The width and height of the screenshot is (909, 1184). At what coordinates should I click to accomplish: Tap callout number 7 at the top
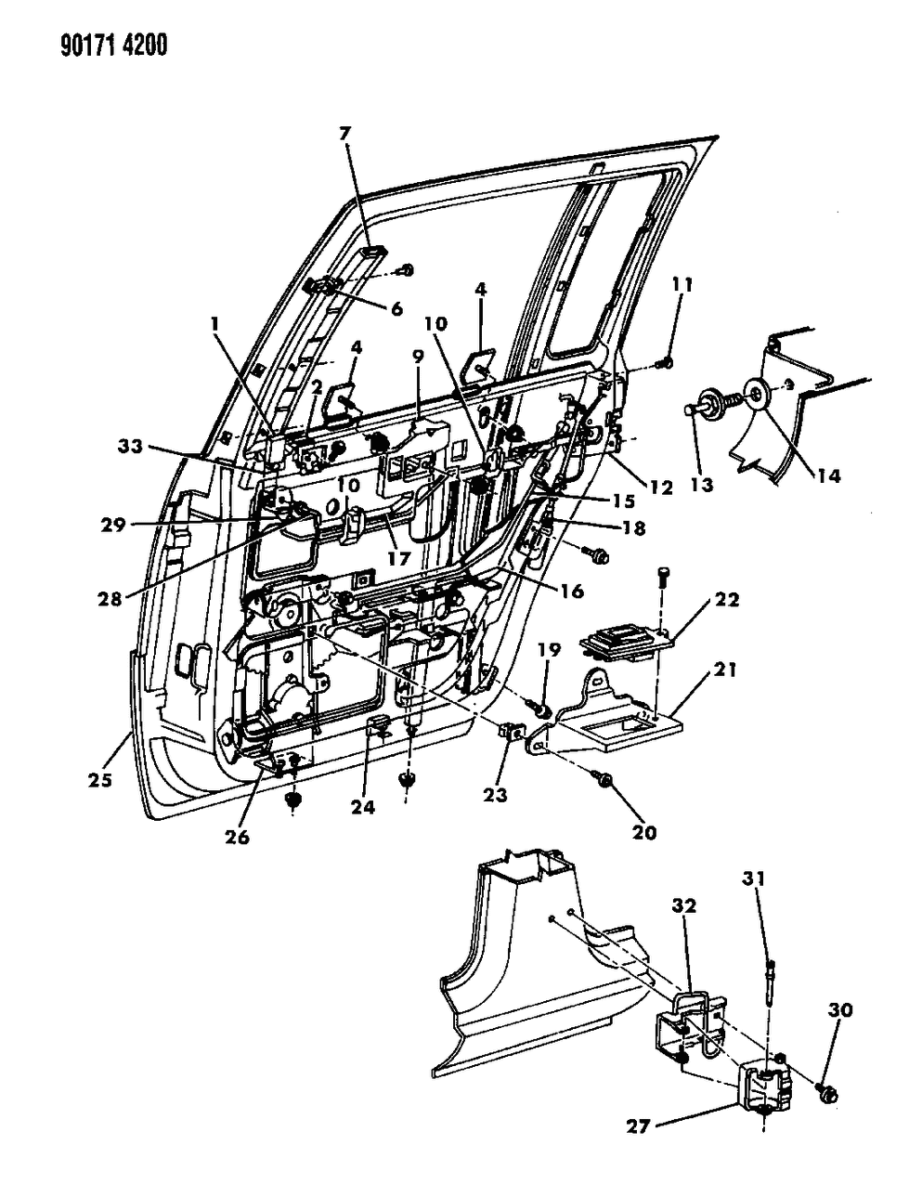point(345,134)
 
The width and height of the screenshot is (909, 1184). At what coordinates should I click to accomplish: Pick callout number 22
point(727,600)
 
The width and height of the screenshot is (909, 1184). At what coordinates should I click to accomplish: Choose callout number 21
point(725,669)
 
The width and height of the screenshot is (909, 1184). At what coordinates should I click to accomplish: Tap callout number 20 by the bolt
point(643,832)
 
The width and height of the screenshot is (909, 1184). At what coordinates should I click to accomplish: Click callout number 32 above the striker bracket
point(684,905)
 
